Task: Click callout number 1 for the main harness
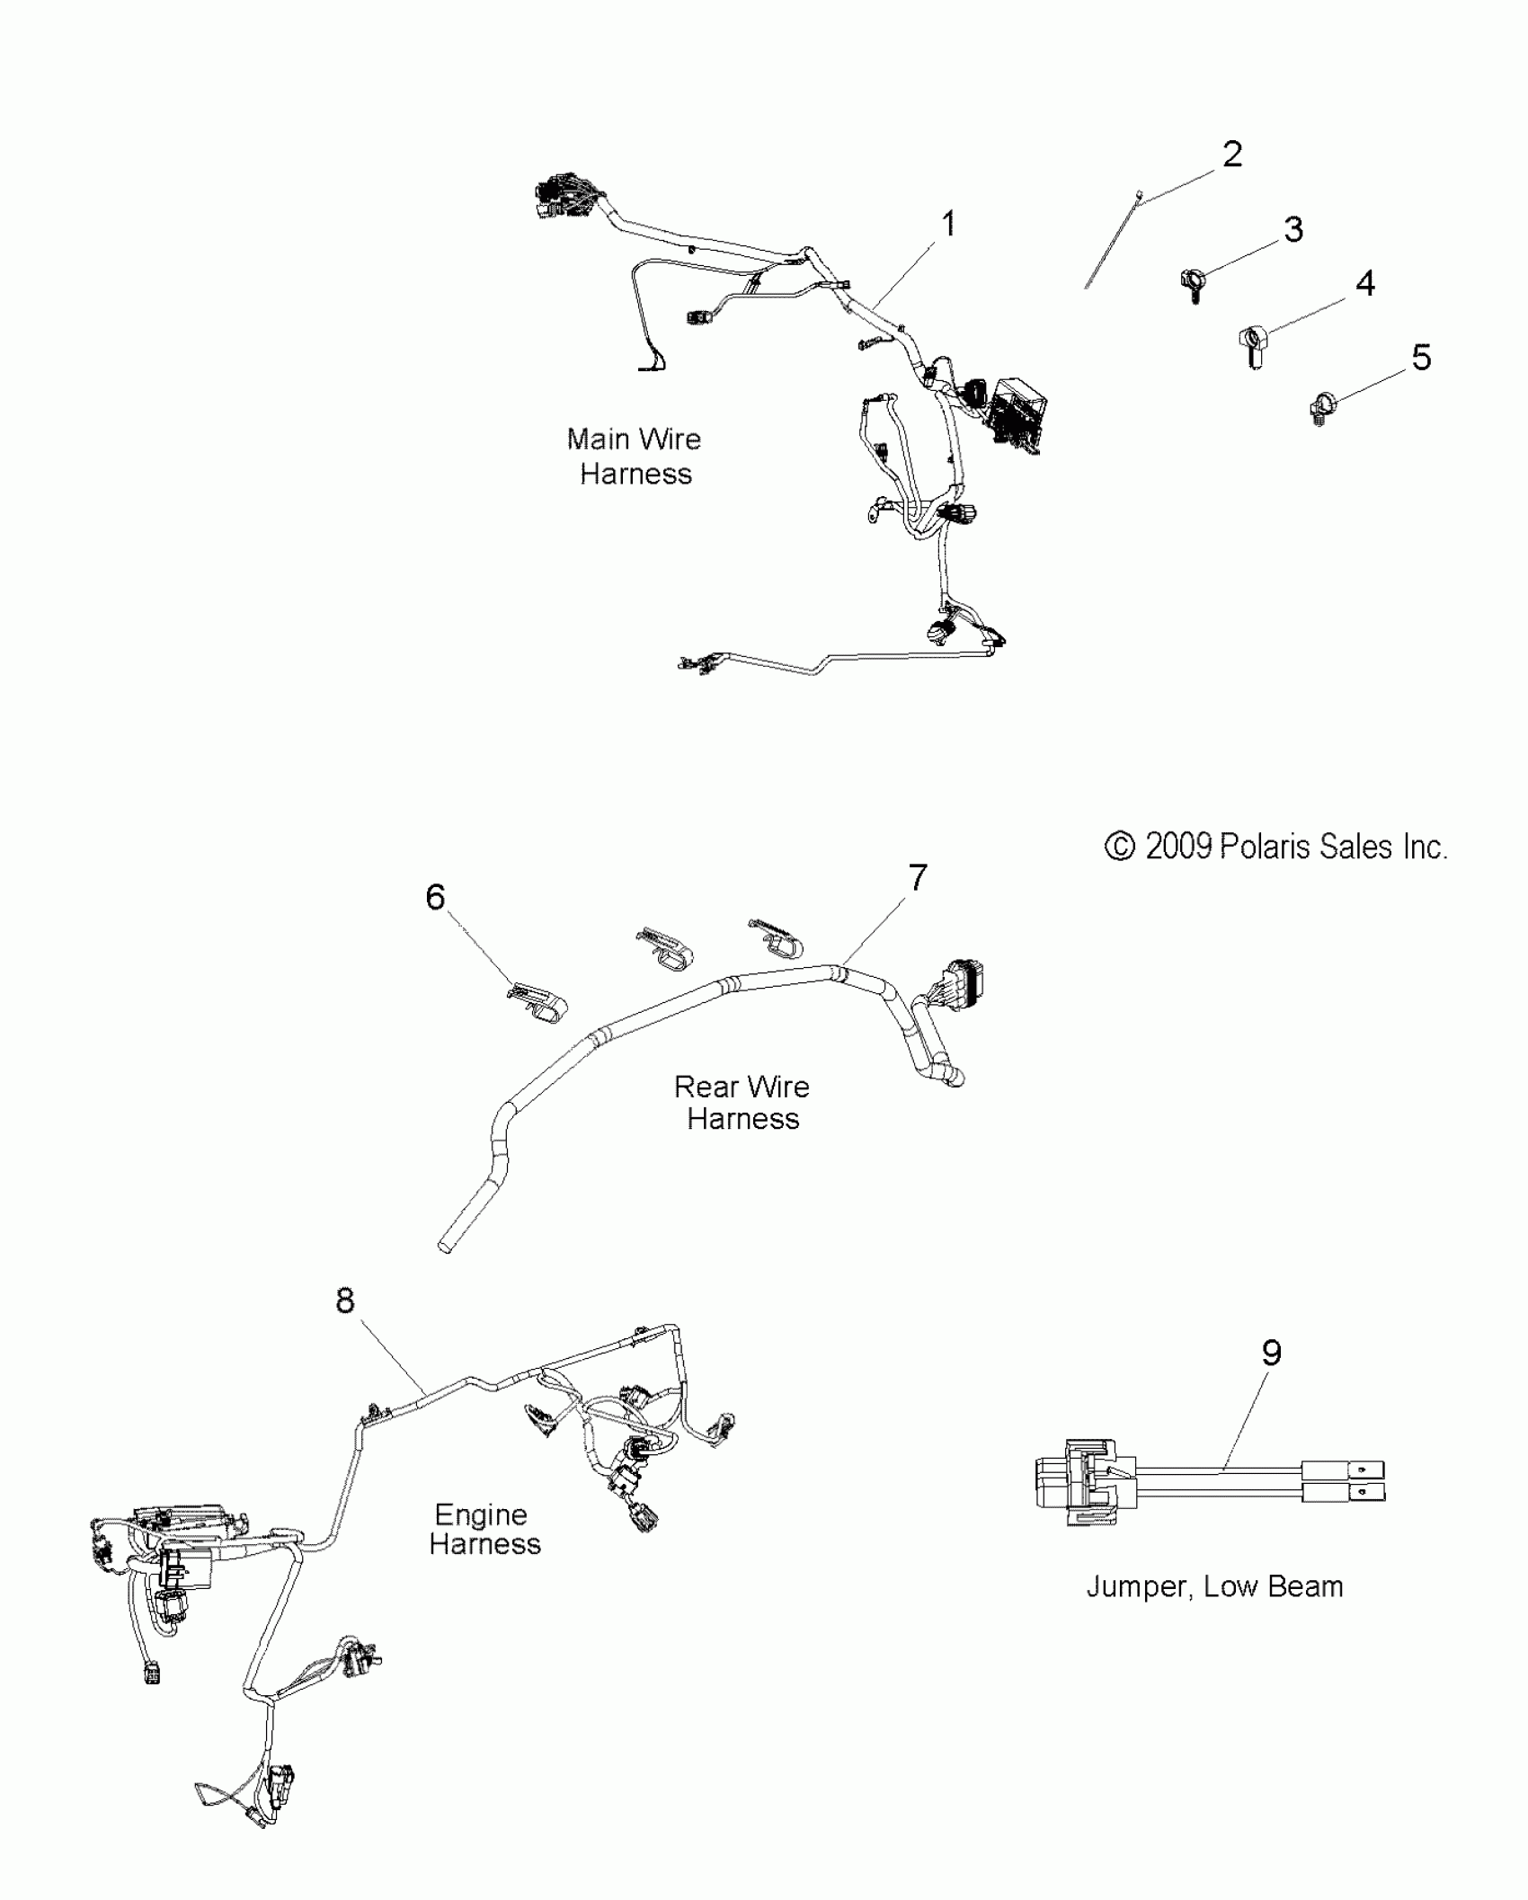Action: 948,224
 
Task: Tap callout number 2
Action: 1232,155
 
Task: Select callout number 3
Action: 1293,230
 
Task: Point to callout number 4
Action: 1364,284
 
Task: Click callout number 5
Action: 1421,358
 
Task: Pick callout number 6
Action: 435,897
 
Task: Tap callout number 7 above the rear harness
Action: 918,877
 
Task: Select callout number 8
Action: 345,1301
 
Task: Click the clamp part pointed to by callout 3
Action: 1193,284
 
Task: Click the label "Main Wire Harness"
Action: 635,457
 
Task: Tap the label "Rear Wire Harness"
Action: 742,1103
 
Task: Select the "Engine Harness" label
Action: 484,1529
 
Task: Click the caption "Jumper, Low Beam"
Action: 1214,1586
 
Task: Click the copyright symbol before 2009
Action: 1119,848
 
